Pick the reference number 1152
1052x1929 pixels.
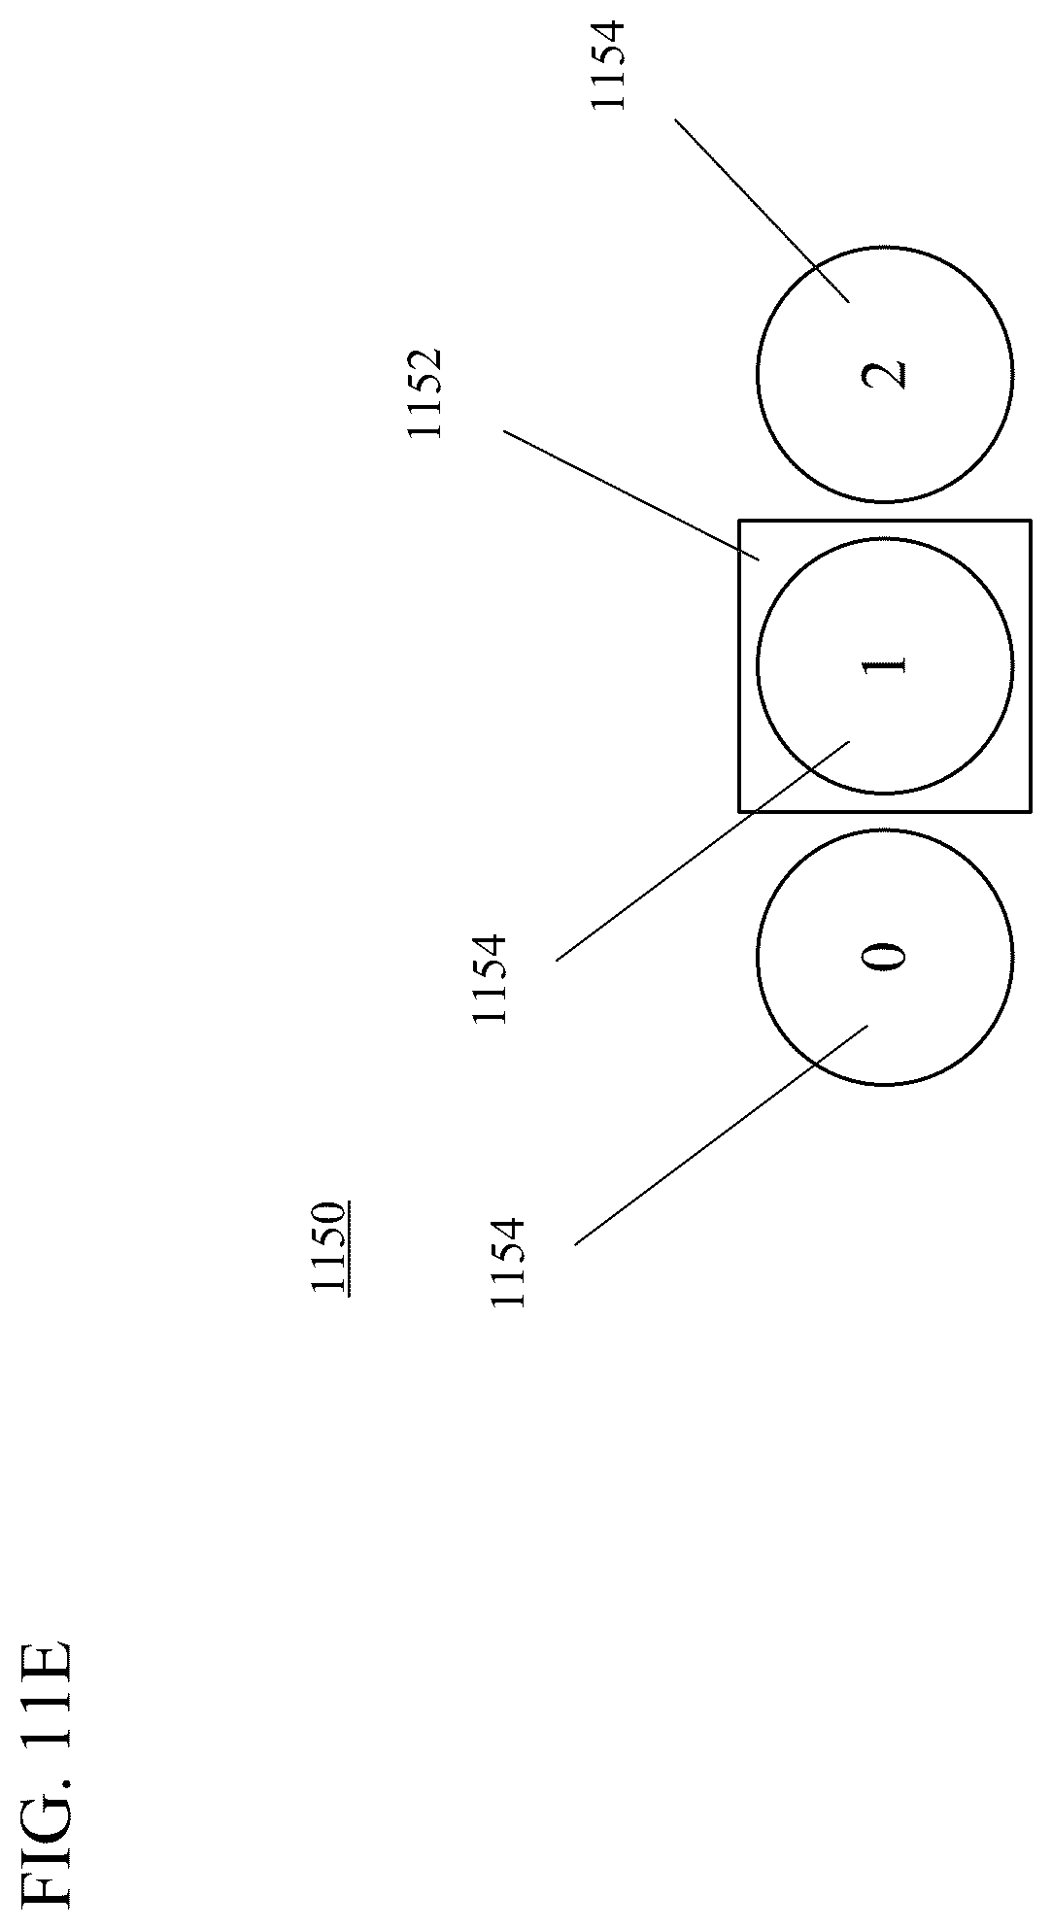[x=424, y=392]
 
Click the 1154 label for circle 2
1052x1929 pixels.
[x=609, y=65]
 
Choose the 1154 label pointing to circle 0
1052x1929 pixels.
[x=508, y=1262]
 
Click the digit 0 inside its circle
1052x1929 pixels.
[x=884, y=957]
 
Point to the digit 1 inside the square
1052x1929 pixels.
[x=884, y=665]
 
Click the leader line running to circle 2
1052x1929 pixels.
[x=763, y=210]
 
